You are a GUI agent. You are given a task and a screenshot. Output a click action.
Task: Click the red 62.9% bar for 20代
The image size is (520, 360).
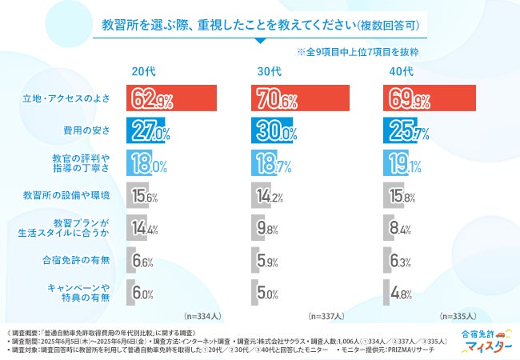[171, 99]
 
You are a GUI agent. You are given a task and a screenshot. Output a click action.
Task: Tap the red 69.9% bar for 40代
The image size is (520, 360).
[430, 99]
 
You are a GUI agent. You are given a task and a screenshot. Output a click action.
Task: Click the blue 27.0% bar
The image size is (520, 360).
[147, 130]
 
